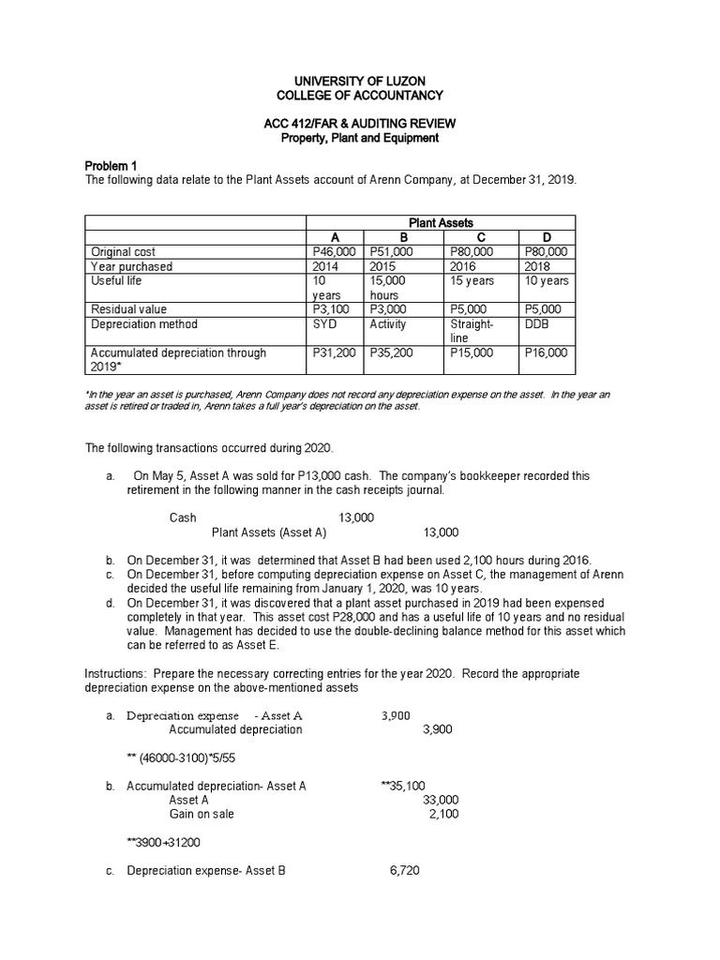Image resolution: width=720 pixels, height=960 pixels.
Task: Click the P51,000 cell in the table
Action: click(x=387, y=251)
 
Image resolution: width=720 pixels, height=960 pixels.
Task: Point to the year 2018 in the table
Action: click(x=538, y=266)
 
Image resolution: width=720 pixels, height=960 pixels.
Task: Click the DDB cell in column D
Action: click(x=536, y=324)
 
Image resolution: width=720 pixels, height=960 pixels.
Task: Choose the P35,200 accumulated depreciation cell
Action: click(x=387, y=353)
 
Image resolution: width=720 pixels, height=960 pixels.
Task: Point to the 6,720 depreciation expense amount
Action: click(x=404, y=871)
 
